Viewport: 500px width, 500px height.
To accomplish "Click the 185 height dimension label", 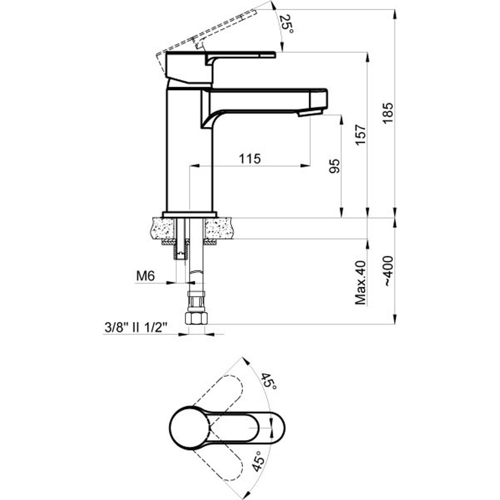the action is [388, 113].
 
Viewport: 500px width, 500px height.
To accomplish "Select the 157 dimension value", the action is [360, 135].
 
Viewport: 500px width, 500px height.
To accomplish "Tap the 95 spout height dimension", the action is [334, 166].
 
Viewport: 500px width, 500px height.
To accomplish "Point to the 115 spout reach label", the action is [250, 158].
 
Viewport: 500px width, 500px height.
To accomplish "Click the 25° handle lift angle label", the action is [286, 24].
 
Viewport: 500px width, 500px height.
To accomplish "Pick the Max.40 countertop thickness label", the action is [360, 282].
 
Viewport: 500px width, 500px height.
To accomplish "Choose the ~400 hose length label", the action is [388, 271].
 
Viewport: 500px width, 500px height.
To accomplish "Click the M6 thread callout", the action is [145, 275].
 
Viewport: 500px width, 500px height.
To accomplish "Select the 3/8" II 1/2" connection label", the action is [136, 327].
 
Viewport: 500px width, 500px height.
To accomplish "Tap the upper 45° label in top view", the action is [269, 380].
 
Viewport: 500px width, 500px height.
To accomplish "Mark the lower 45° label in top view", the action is [258, 461].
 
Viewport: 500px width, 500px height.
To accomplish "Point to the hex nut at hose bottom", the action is [196, 318].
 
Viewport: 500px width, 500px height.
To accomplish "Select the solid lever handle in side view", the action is [220, 68].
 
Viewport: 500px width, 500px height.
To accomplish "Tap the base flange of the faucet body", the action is [189, 214].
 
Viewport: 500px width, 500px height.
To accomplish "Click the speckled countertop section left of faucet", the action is [162, 228].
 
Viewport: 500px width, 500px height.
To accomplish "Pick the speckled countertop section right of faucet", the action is [219, 228].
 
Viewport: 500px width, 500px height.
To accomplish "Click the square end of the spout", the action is [318, 99].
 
